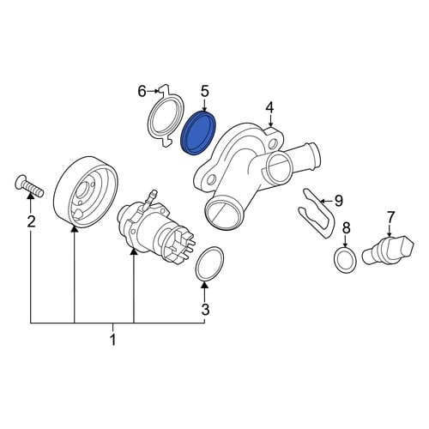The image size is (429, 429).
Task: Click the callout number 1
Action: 113,340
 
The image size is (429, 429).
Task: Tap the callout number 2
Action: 31,221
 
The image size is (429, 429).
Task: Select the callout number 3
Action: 205,309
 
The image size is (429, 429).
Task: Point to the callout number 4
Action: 269,108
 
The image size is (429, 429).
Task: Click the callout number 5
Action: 205,92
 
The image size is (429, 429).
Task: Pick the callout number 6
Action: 142,92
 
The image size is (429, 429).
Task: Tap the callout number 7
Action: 390,217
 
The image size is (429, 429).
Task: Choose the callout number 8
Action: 346,227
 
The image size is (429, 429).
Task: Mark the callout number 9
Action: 339,201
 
